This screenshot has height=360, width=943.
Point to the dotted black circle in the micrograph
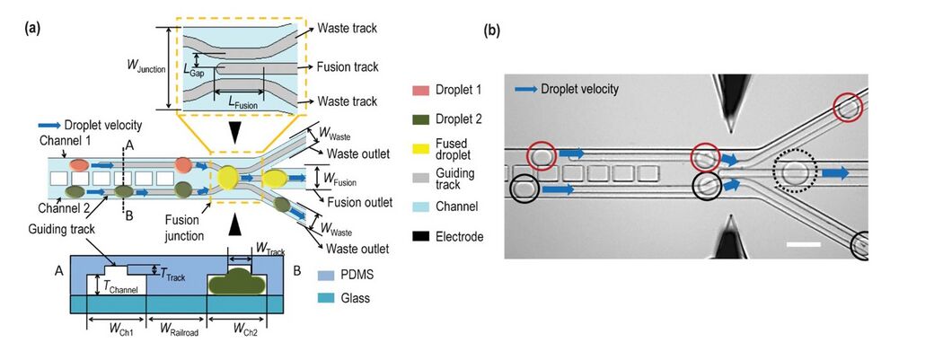[795, 172]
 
